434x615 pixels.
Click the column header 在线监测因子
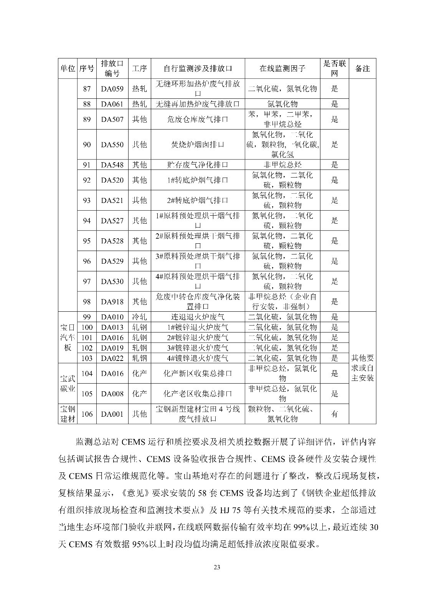click(x=282, y=69)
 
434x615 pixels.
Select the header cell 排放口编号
click(x=112, y=68)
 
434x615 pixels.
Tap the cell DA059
click(x=112, y=89)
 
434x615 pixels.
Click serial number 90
click(x=87, y=145)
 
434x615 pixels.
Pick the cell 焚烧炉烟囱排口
click(x=198, y=145)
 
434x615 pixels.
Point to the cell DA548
click(x=112, y=165)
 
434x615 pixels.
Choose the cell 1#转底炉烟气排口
click(x=198, y=180)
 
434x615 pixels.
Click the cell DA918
click(x=112, y=302)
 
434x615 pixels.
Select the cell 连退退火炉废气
click(x=198, y=317)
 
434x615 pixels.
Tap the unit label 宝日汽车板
click(x=68, y=337)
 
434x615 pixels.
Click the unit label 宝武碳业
click(x=68, y=383)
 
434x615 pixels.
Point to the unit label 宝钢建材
click(x=68, y=414)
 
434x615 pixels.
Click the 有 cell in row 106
click(x=335, y=414)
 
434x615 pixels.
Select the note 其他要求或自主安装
click(x=362, y=368)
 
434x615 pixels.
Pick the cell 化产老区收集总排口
click(x=198, y=394)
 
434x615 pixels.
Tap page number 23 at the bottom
click(x=217, y=567)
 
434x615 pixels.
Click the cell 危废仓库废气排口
click(x=198, y=119)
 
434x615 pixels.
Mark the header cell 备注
click(x=362, y=69)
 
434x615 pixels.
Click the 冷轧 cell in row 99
click(x=139, y=317)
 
